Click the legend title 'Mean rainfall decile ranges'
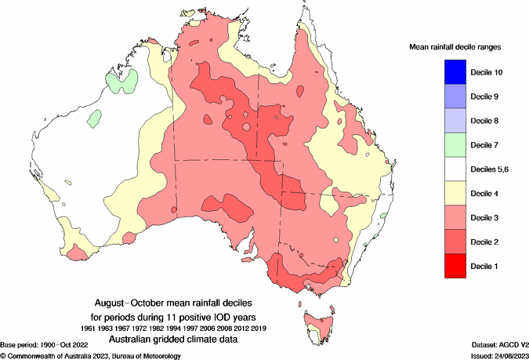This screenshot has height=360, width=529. coord(455,47)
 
